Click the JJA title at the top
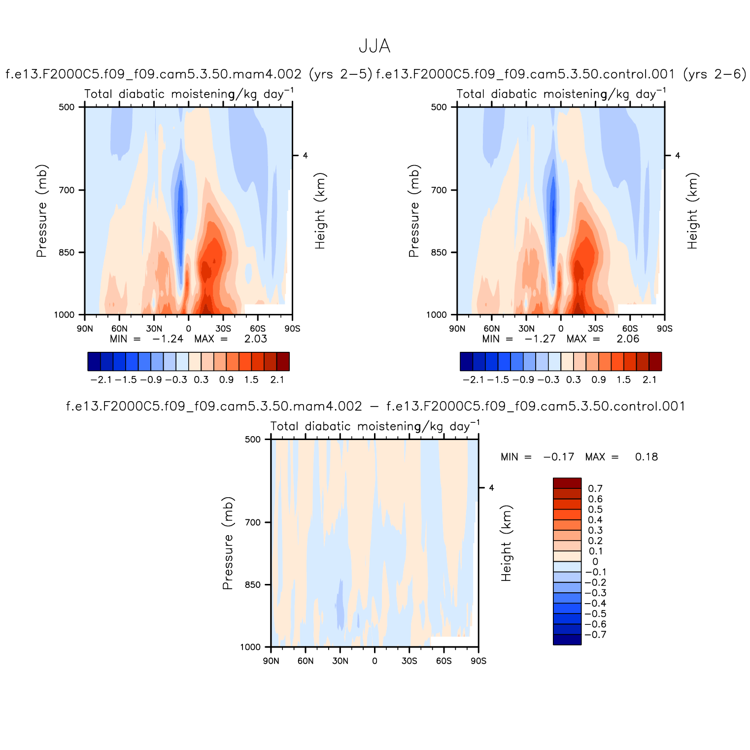pos(375,46)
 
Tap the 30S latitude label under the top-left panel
pos(223,329)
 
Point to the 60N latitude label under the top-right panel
pos(492,329)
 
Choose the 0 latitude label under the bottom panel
pos(375,661)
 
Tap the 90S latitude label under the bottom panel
pos(478,661)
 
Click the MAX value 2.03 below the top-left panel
pos(256,339)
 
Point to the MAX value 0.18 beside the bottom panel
pos(647,457)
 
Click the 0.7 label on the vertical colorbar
pos(595,489)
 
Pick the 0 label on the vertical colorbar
pos(595,562)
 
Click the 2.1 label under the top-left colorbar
pos(277,379)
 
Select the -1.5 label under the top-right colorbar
pos(499,379)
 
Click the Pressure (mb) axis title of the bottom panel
pos(227,543)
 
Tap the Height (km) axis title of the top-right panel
pos(693,211)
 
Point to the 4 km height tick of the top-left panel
pos(305,156)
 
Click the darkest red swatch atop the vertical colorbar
pos(567,483)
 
